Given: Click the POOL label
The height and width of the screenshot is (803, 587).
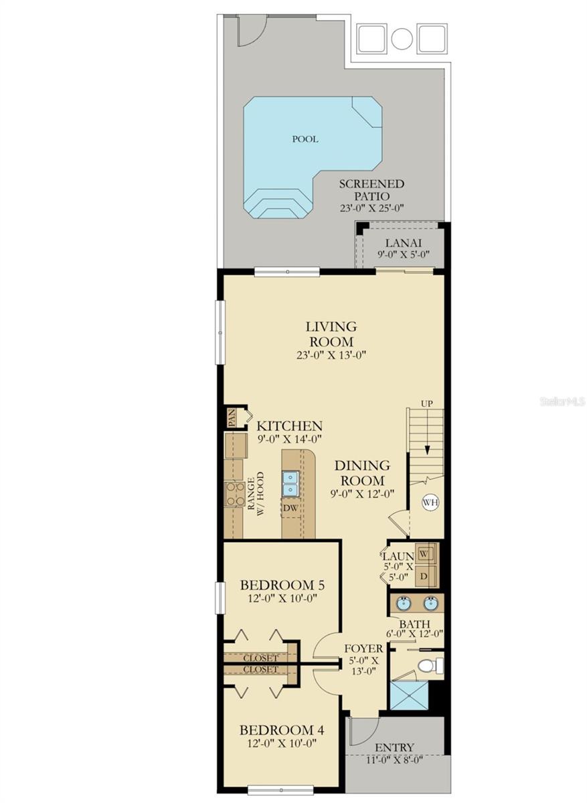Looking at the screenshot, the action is coord(305,139).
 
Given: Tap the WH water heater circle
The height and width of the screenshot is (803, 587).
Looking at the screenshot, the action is coord(430,502).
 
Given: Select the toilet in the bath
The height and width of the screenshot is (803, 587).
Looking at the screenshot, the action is coord(430,666).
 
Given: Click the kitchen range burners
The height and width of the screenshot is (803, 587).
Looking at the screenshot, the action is coord(235,494).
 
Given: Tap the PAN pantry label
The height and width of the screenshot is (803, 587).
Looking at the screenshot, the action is coord(232,418).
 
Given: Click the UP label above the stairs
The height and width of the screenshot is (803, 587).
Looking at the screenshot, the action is coord(426,404).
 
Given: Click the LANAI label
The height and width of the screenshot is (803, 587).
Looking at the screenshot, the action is coord(403,243).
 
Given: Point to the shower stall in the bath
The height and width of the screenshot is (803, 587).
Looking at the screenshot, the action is coord(409,695).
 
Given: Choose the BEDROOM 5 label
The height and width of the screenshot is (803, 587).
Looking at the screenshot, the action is coord(282,586).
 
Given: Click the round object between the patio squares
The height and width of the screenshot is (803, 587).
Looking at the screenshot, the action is coord(402,38).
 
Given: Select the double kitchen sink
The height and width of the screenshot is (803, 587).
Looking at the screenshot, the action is coord(290,484).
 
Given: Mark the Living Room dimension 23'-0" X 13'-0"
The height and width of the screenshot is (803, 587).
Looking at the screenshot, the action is coord(331,355).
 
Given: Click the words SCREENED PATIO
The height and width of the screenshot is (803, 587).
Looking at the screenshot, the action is coord(372,190).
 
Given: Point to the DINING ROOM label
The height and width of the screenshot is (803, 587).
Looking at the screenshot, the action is coord(362,473).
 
